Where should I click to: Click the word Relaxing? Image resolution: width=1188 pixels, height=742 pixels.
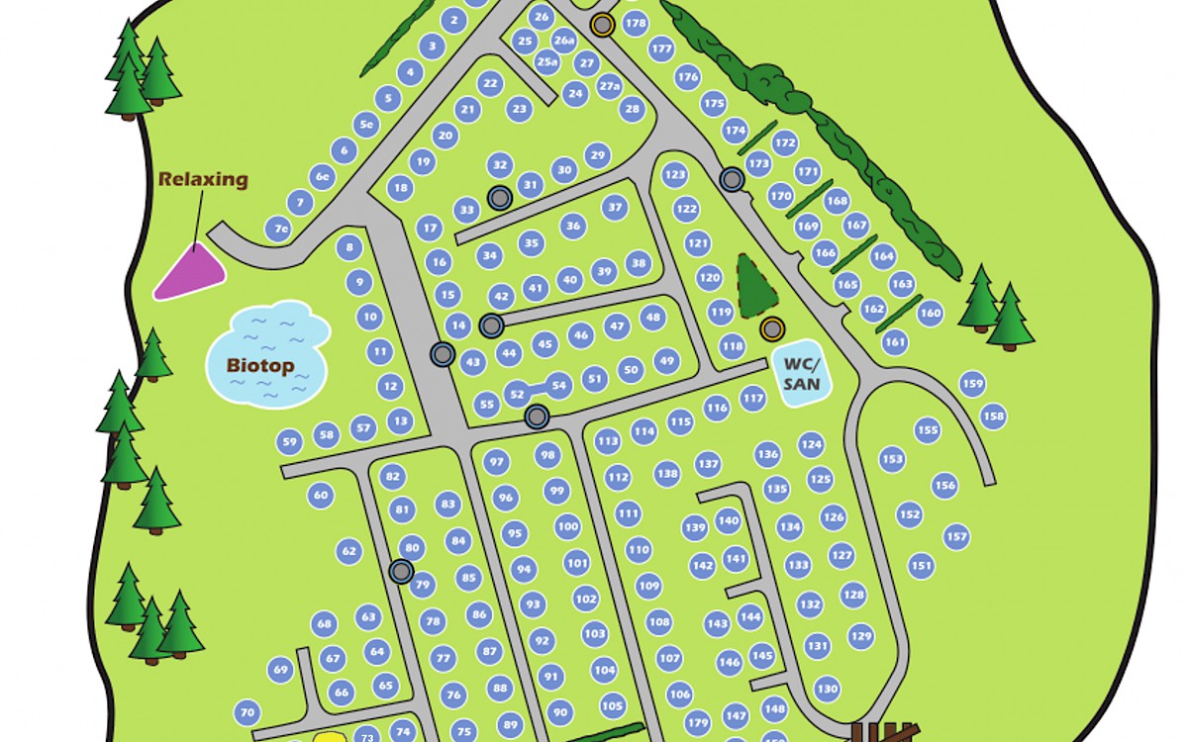point(203,180)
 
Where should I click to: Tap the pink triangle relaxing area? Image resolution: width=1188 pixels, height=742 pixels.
point(191,271)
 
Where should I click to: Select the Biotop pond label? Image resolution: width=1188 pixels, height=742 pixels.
point(261,366)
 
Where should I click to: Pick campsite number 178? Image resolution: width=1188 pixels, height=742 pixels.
point(636,23)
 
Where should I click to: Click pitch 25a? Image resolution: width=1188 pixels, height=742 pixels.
point(547,61)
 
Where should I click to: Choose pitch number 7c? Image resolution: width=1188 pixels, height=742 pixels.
point(281,230)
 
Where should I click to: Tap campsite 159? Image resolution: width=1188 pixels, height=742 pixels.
point(972,384)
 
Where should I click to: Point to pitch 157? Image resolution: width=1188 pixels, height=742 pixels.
point(955,537)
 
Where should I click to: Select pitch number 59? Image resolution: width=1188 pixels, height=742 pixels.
point(289,442)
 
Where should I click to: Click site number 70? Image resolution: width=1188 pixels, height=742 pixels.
point(247,711)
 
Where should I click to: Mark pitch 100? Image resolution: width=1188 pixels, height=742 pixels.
point(567,526)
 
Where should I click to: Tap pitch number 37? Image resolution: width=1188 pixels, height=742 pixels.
point(616,207)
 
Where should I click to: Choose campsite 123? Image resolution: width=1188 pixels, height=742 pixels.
point(674,176)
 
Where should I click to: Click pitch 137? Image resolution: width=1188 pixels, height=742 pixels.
point(707,463)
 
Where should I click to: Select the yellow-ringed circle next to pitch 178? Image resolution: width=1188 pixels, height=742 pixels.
point(601,25)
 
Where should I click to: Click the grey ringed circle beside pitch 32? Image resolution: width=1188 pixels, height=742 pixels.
point(500,198)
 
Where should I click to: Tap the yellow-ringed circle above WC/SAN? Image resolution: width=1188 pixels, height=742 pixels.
point(771,328)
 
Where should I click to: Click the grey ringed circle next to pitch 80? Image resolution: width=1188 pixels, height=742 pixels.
point(401,571)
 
